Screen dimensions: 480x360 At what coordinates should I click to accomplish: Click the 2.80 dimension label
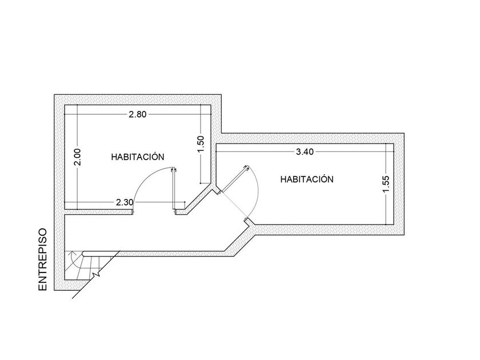pyautogui.click(x=138, y=114)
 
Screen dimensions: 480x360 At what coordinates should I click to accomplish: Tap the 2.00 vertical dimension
pyautogui.click(x=78, y=157)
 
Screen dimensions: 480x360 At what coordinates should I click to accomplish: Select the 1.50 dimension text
pyautogui.click(x=201, y=144)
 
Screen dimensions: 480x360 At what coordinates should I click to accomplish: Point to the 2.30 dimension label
pyautogui.click(x=125, y=202)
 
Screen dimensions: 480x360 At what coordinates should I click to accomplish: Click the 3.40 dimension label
pyautogui.click(x=305, y=151)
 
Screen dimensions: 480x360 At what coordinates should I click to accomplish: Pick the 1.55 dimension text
pyautogui.click(x=386, y=184)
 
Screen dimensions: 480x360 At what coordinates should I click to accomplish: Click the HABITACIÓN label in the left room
pyautogui.click(x=138, y=157)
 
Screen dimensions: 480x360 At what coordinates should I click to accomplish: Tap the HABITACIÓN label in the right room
pyautogui.click(x=307, y=179)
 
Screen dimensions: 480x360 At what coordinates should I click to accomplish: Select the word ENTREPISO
pyautogui.click(x=42, y=259)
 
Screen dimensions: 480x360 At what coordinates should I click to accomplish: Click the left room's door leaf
pyautogui.click(x=174, y=190)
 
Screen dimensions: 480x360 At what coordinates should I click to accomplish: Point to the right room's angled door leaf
pyautogui.click(x=234, y=179)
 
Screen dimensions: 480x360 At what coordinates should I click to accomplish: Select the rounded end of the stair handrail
pyautogui.click(x=84, y=254)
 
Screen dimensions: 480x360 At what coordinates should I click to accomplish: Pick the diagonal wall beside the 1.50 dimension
pyautogui.click(x=198, y=198)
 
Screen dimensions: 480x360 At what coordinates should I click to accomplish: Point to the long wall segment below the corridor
pyautogui.click(x=169, y=254)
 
